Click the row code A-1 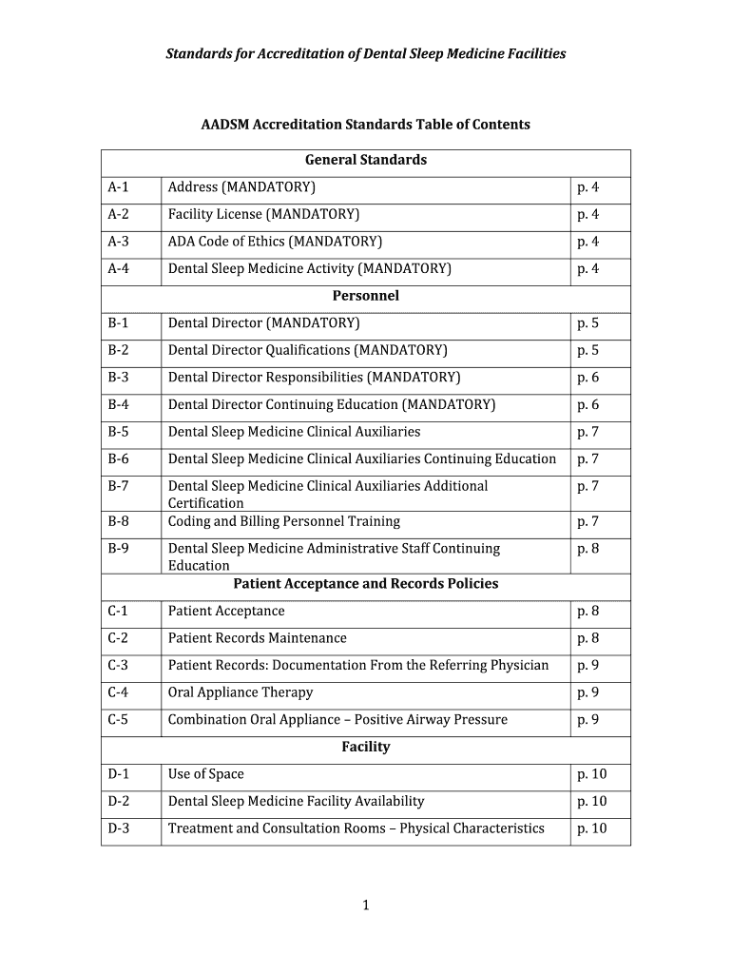tap(119, 187)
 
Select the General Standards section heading tap(366, 160)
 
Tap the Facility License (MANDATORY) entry tap(263, 214)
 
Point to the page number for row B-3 tap(588, 378)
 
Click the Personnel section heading tap(366, 296)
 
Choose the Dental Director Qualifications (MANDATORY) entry tap(307, 350)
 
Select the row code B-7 tap(119, 486)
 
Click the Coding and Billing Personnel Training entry tap(284, 521)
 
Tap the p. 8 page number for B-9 tap(588, 549)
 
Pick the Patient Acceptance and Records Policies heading tap(366, 583)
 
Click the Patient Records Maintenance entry tap(257, 638)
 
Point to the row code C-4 tap(119, 692)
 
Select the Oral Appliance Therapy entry tap(240, 692)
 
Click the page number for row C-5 tap(588, 720)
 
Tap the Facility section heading tap(366, 747)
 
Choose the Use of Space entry tap(205, 774)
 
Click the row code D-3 tap(119, 828)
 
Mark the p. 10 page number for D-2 tap(591, 801)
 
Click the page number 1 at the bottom tap(365, 906)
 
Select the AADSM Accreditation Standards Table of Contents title tap(366, 125)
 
